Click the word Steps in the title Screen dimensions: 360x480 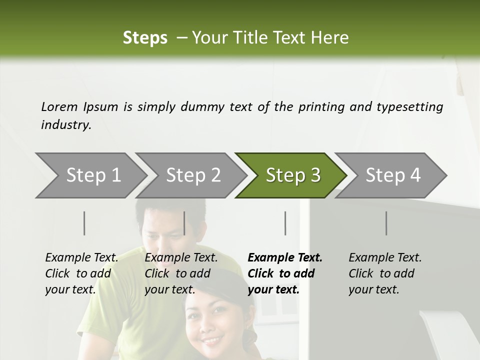click(x=145, y=38)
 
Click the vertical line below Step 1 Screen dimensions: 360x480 click(x=84, y=223)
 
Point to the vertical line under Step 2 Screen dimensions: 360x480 click(x=184, y=223)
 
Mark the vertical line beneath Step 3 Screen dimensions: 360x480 click(x=285, y=223)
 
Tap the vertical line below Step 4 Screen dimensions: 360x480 click(x=386, y=223)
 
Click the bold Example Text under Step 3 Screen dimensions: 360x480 click(x=285, y=258)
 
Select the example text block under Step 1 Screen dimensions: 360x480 click(x=81, y=273)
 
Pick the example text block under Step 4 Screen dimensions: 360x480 click(x=385, y=273)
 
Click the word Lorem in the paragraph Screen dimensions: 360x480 click(x=59, y=106)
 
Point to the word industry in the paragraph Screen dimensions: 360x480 click(x=65, y=125)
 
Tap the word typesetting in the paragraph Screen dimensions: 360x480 click(x=409, y=106)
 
